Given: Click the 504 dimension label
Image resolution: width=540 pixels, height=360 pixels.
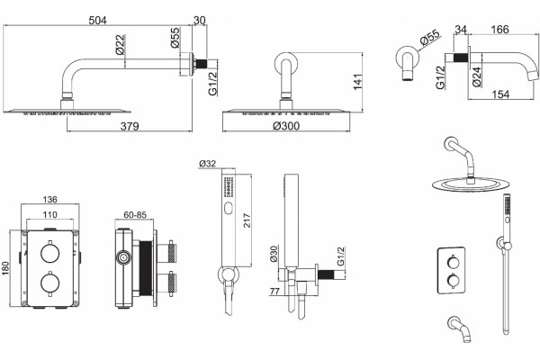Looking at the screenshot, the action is [98, 21].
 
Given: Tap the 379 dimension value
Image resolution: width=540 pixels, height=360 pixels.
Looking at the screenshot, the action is [130, 126].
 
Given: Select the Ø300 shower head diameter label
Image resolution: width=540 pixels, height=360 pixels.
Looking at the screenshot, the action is [286, 126].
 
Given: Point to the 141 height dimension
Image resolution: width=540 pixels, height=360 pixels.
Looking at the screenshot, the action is [358, 82].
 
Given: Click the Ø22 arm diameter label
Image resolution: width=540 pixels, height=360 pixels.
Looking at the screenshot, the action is [121, 45].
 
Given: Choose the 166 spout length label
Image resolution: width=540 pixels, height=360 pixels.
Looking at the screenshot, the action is [499, 30].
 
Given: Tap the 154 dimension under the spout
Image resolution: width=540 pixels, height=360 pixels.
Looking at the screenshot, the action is [500, 94].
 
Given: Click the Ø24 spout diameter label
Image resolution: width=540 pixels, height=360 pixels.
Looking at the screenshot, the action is [476, 76].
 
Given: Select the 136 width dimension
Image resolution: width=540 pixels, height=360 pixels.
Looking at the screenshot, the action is [49, 199].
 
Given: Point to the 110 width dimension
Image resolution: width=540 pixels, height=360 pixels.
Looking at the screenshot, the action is [49, 214].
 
